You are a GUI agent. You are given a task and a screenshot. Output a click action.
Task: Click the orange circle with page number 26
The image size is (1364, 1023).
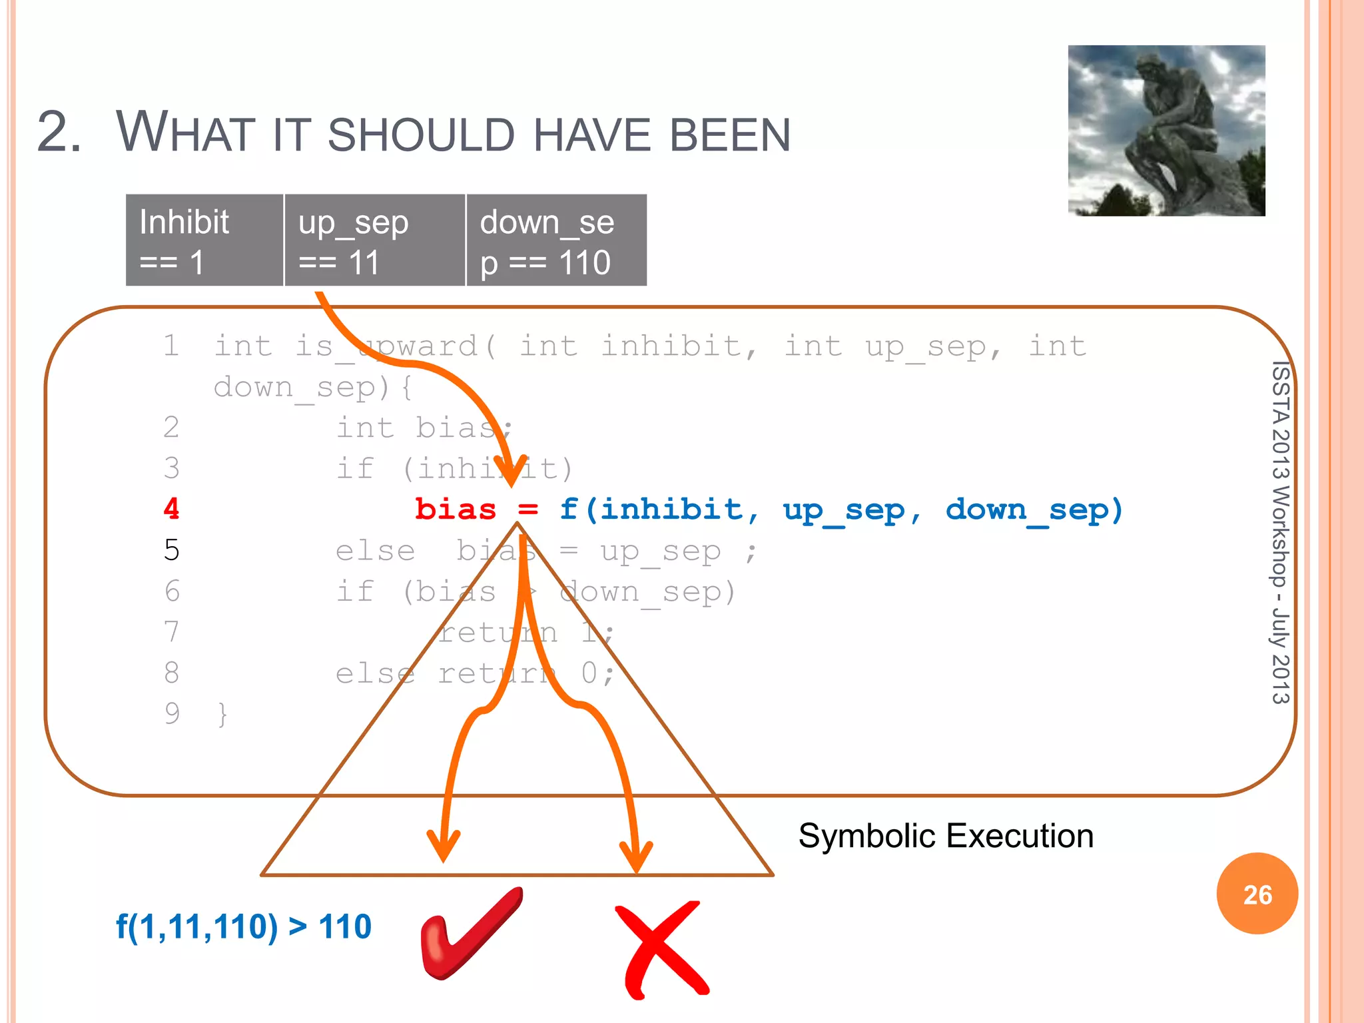pyautogui.click(x=1257, y=894)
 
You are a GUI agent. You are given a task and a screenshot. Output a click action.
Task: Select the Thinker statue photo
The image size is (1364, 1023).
pyautogui.click(x=1166, y=131)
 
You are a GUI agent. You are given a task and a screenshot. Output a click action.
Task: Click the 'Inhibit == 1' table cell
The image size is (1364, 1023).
pyautogui.click(x=204, y=240)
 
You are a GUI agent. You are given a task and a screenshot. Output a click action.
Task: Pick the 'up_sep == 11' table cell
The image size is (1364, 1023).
pyautogui.click(x=374, y=240)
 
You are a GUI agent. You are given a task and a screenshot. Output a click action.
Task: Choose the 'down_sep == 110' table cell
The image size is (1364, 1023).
pyautogui.click(x=556, y=240)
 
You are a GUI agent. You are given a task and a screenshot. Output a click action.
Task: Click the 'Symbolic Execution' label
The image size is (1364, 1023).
pyautogui.click(x=946, y=836)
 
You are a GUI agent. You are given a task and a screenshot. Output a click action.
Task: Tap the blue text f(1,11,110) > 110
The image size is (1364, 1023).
pyautogui.click(x=244, y=926)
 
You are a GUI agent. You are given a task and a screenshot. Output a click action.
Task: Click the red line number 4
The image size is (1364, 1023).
pyautogui.click(x=172, y=510)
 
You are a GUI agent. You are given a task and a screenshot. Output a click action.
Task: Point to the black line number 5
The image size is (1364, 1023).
pyautogui.click(x=172, y=550)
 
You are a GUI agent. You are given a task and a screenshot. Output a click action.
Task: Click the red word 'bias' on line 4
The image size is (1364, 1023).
pyautogui.click(x=456, y=510)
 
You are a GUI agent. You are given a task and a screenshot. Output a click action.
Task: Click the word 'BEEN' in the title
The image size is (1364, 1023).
pyautogui.click(x=730, y=135)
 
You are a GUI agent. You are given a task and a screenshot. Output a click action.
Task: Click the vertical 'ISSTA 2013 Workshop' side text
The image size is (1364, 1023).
pyautogui.click(x=1279, y=533)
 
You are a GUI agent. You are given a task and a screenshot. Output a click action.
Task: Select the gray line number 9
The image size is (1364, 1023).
pyautogui.click(x=172, y=713)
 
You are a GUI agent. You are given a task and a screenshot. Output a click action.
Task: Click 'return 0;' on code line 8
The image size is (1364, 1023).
pyautogui.click(x=525, y=673)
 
